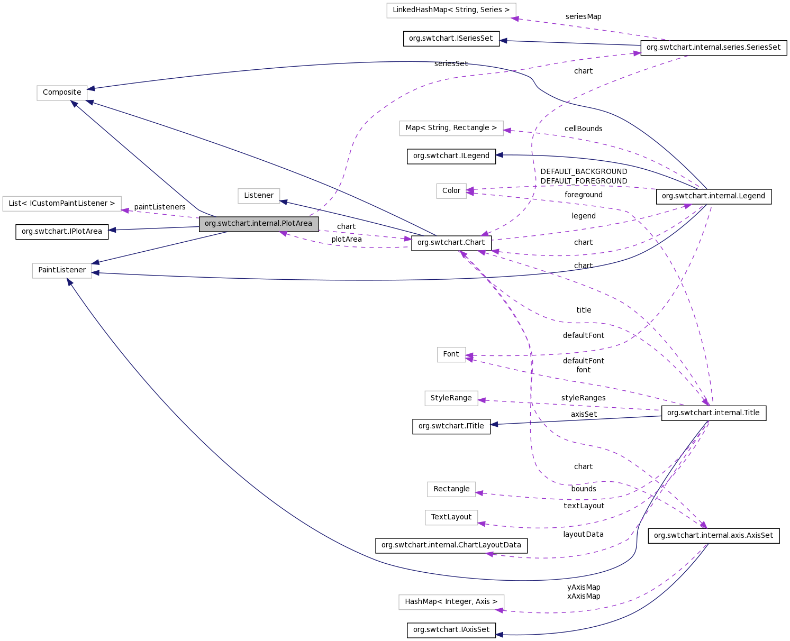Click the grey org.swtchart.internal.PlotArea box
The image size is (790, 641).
point(259,224)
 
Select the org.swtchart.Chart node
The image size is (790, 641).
point(451,243)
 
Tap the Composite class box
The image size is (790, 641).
point(62,93)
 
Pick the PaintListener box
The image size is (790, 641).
point(62,270)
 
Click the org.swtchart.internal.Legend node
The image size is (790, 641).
point(713,196)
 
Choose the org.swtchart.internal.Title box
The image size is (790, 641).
point(713,413)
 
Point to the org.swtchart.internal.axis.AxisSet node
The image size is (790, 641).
point(713,536)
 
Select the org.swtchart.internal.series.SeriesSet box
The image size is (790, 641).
point(713,48)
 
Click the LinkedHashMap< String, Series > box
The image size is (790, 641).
point(451,10)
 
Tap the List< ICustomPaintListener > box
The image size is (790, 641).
point(62,204)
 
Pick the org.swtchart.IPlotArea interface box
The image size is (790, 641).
point(62,232)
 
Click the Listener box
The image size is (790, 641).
point(259,196)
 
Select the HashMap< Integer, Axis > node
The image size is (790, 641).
point(451,602)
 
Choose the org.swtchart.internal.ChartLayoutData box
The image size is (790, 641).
point(451,545)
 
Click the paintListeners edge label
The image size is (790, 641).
point(160,207)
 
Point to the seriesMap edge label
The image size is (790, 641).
point(583,16)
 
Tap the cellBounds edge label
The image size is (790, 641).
point(583,129)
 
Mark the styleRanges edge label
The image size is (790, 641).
point(583,398)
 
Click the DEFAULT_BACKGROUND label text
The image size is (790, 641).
point(584,171)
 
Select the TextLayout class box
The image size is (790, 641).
point(451,517)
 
